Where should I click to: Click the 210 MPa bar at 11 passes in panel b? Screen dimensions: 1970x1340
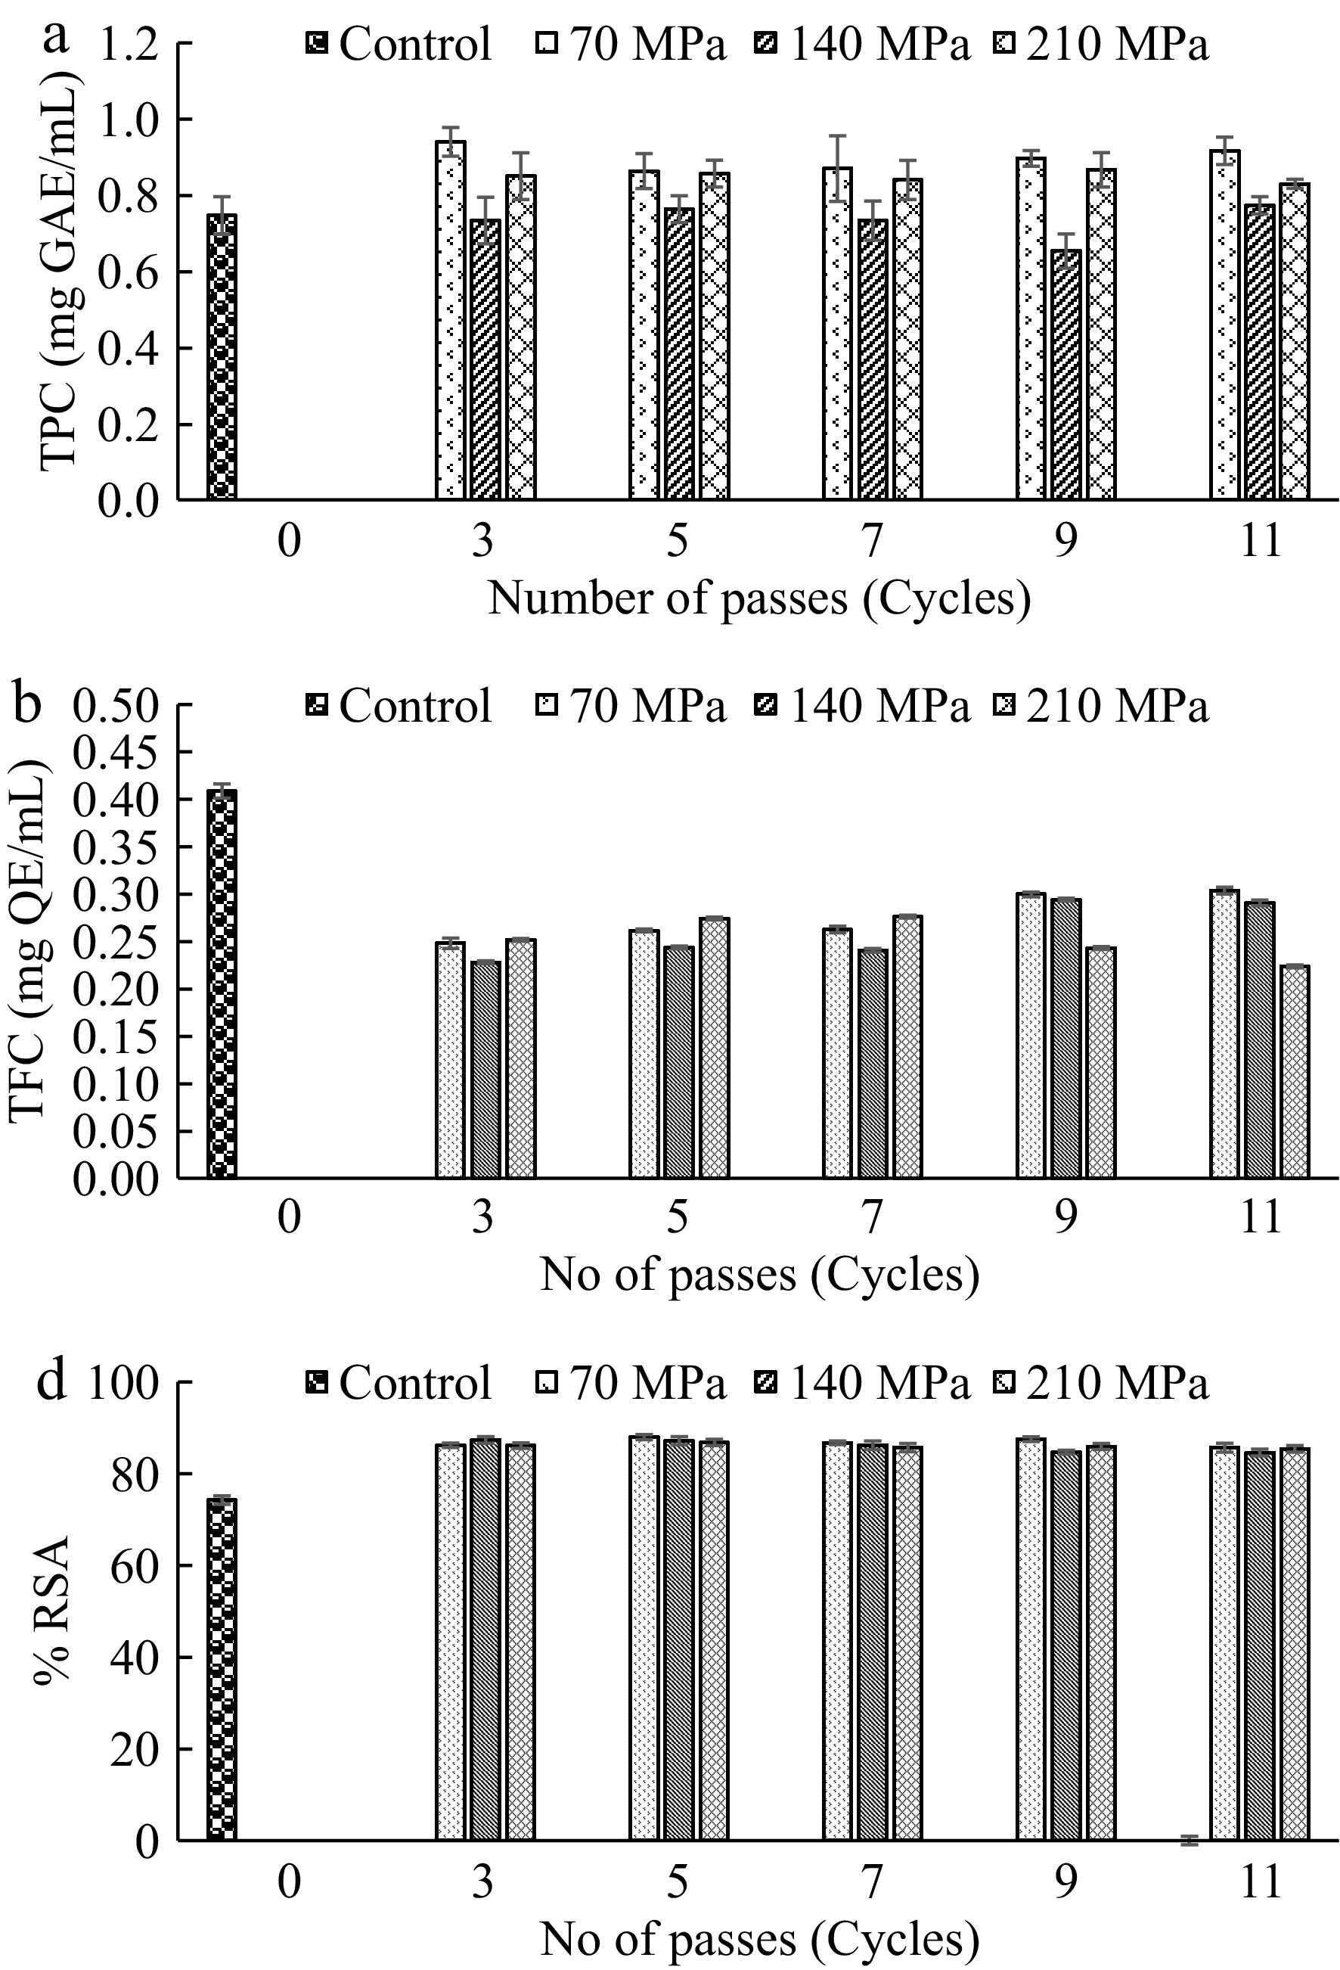pyautogui.click(x=1294, y=1071)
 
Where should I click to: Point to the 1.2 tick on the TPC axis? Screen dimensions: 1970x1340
pyautogui.click(x=127, y=42)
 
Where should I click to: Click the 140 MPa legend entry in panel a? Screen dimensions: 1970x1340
pyautogui.click(x=862, y=42)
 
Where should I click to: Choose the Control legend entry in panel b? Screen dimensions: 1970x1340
pyautogui.click(x=399, y=705)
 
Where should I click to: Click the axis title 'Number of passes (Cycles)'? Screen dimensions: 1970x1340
pyautogui.click(x=759, y=598)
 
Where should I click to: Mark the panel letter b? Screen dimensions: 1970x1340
pyautogui.click(x=27, y=704)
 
